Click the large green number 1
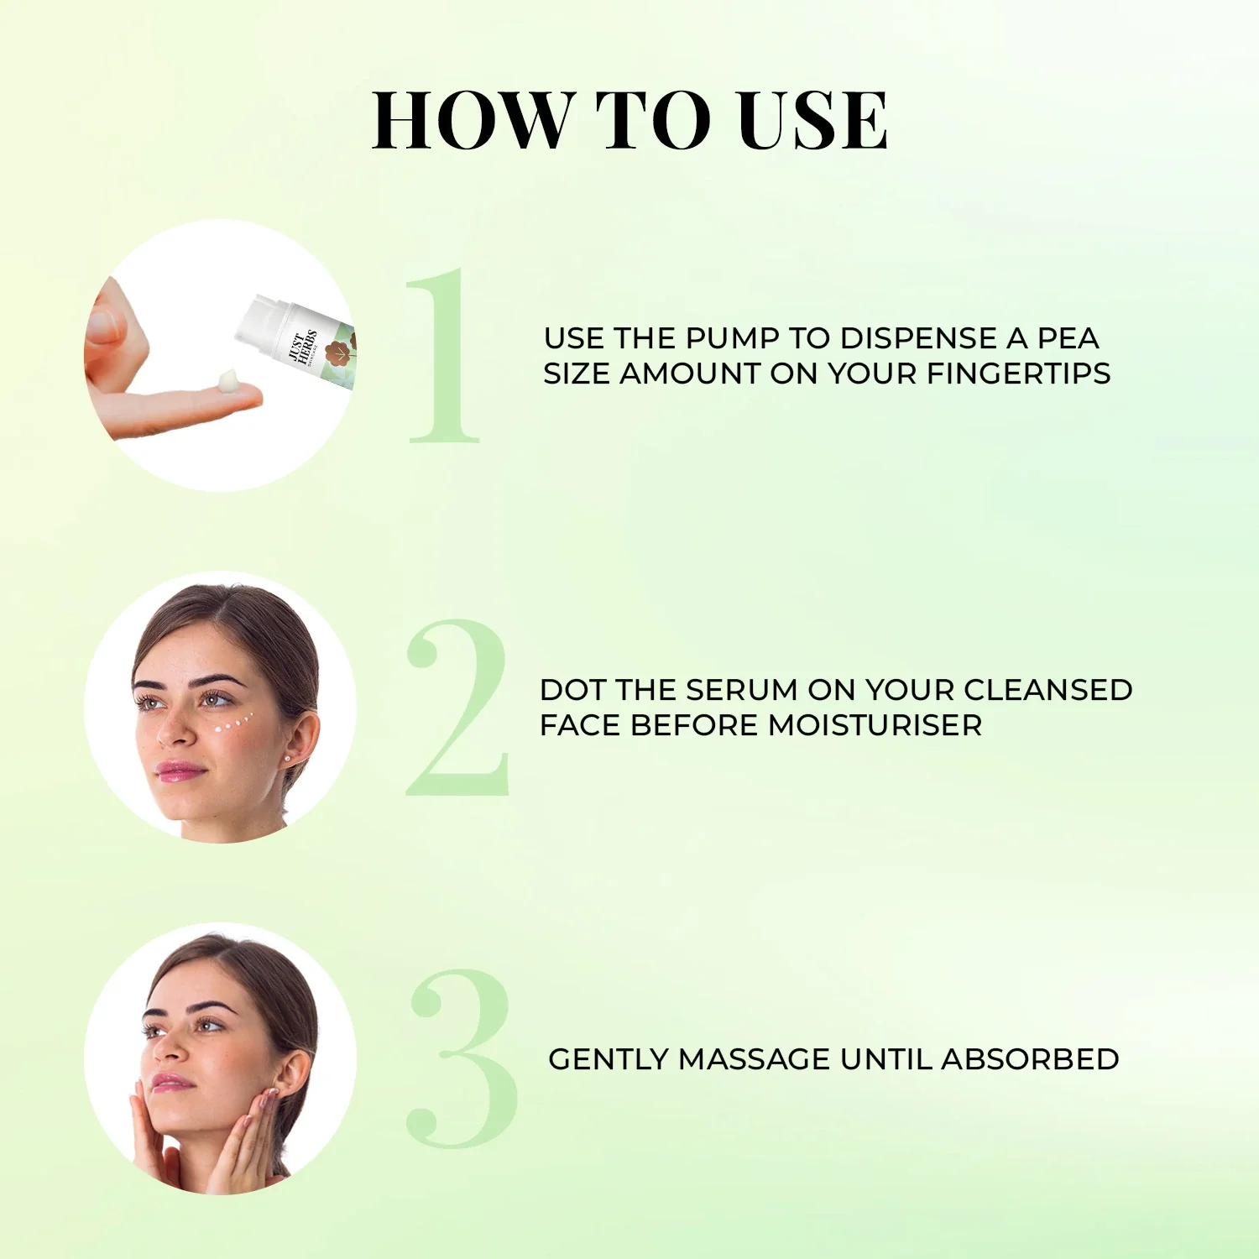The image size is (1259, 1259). click(x=444, y=357)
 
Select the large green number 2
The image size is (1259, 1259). click(x=457, y=709)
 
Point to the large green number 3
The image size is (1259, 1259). click(x=462, y=1059)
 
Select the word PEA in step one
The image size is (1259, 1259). click(x=1068, y=338)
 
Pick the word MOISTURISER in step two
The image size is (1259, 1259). click(x=875, y=725)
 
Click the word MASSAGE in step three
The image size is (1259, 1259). click(x=754, y=1059)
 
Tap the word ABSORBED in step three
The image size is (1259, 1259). click(x=1030, y=1059)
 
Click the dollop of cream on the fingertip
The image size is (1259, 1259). click(x=228, y=382)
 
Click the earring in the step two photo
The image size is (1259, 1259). click(x=289, y=757)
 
